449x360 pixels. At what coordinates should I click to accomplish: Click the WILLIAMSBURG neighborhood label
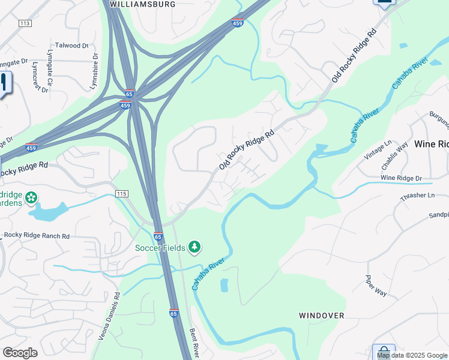pos(142,4)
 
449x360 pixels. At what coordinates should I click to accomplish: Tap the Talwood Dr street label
pos(71,45)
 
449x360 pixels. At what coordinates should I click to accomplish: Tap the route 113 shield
pos(25,23)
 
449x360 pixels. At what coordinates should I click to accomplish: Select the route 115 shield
pos(122,194)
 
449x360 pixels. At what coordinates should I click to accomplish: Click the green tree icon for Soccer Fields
pos(194,246)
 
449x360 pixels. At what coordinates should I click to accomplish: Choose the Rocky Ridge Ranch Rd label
pos(36,236)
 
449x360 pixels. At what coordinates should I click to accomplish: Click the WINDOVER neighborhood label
pos(322,315)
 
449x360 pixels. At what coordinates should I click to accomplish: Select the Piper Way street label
pos(376,285)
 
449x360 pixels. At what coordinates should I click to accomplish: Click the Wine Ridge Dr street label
pos(402,178)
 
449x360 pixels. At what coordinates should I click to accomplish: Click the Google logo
pos(20,353)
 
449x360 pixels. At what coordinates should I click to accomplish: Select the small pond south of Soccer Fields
pos(224,285)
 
